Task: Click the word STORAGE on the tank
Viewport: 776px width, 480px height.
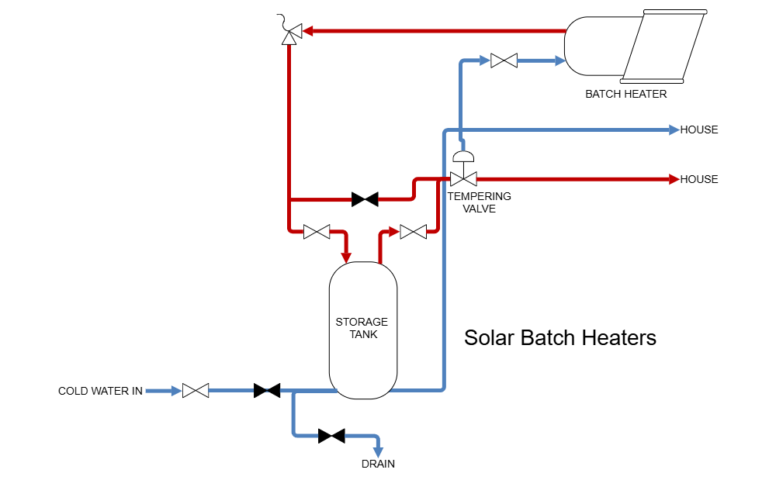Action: (x=362, y=323)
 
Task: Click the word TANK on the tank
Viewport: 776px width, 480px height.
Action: (x=363, y=335)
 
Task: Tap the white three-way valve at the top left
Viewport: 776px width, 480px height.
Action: (x=292, y=34)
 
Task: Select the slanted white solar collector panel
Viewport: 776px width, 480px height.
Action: (x=663, y=47)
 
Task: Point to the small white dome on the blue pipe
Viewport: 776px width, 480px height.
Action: (x=463, y=157)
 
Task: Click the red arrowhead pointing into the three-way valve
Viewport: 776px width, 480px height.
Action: (x=307, y=31)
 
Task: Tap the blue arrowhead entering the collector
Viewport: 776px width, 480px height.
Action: (x=560, y=60)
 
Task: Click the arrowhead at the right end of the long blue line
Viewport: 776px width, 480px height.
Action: (x=674, y=130)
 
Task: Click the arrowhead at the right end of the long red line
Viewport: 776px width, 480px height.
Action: (x=674, y=179)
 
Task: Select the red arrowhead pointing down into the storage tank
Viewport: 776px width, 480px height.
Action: (x=347, y=256)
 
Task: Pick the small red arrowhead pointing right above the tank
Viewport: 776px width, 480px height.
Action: (x=394, y=231)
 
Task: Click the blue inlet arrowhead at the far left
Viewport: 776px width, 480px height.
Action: (x=176, y=391)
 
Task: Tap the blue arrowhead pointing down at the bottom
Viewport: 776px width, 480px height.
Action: (x=378, y=451)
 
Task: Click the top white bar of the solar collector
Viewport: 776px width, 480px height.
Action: (x=675, y=12)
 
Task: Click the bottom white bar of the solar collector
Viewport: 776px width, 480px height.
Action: (x=652, y=81)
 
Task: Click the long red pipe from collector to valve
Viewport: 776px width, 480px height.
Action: (x=435, y=31)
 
